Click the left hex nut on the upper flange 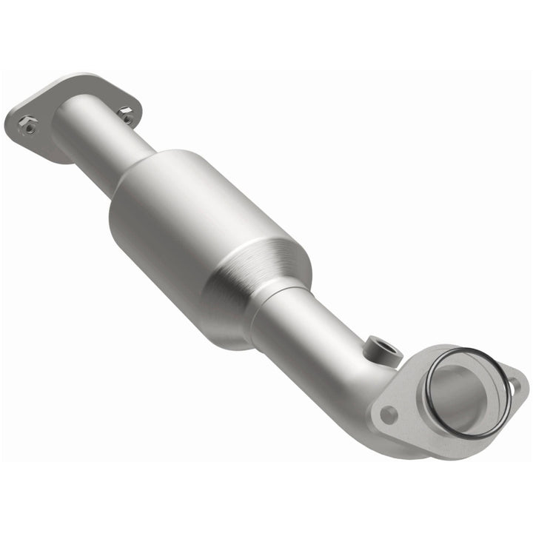click(x=29, y=126)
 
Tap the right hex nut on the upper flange click(x=127, y=115)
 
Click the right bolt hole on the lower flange click(x=512, y=384)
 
